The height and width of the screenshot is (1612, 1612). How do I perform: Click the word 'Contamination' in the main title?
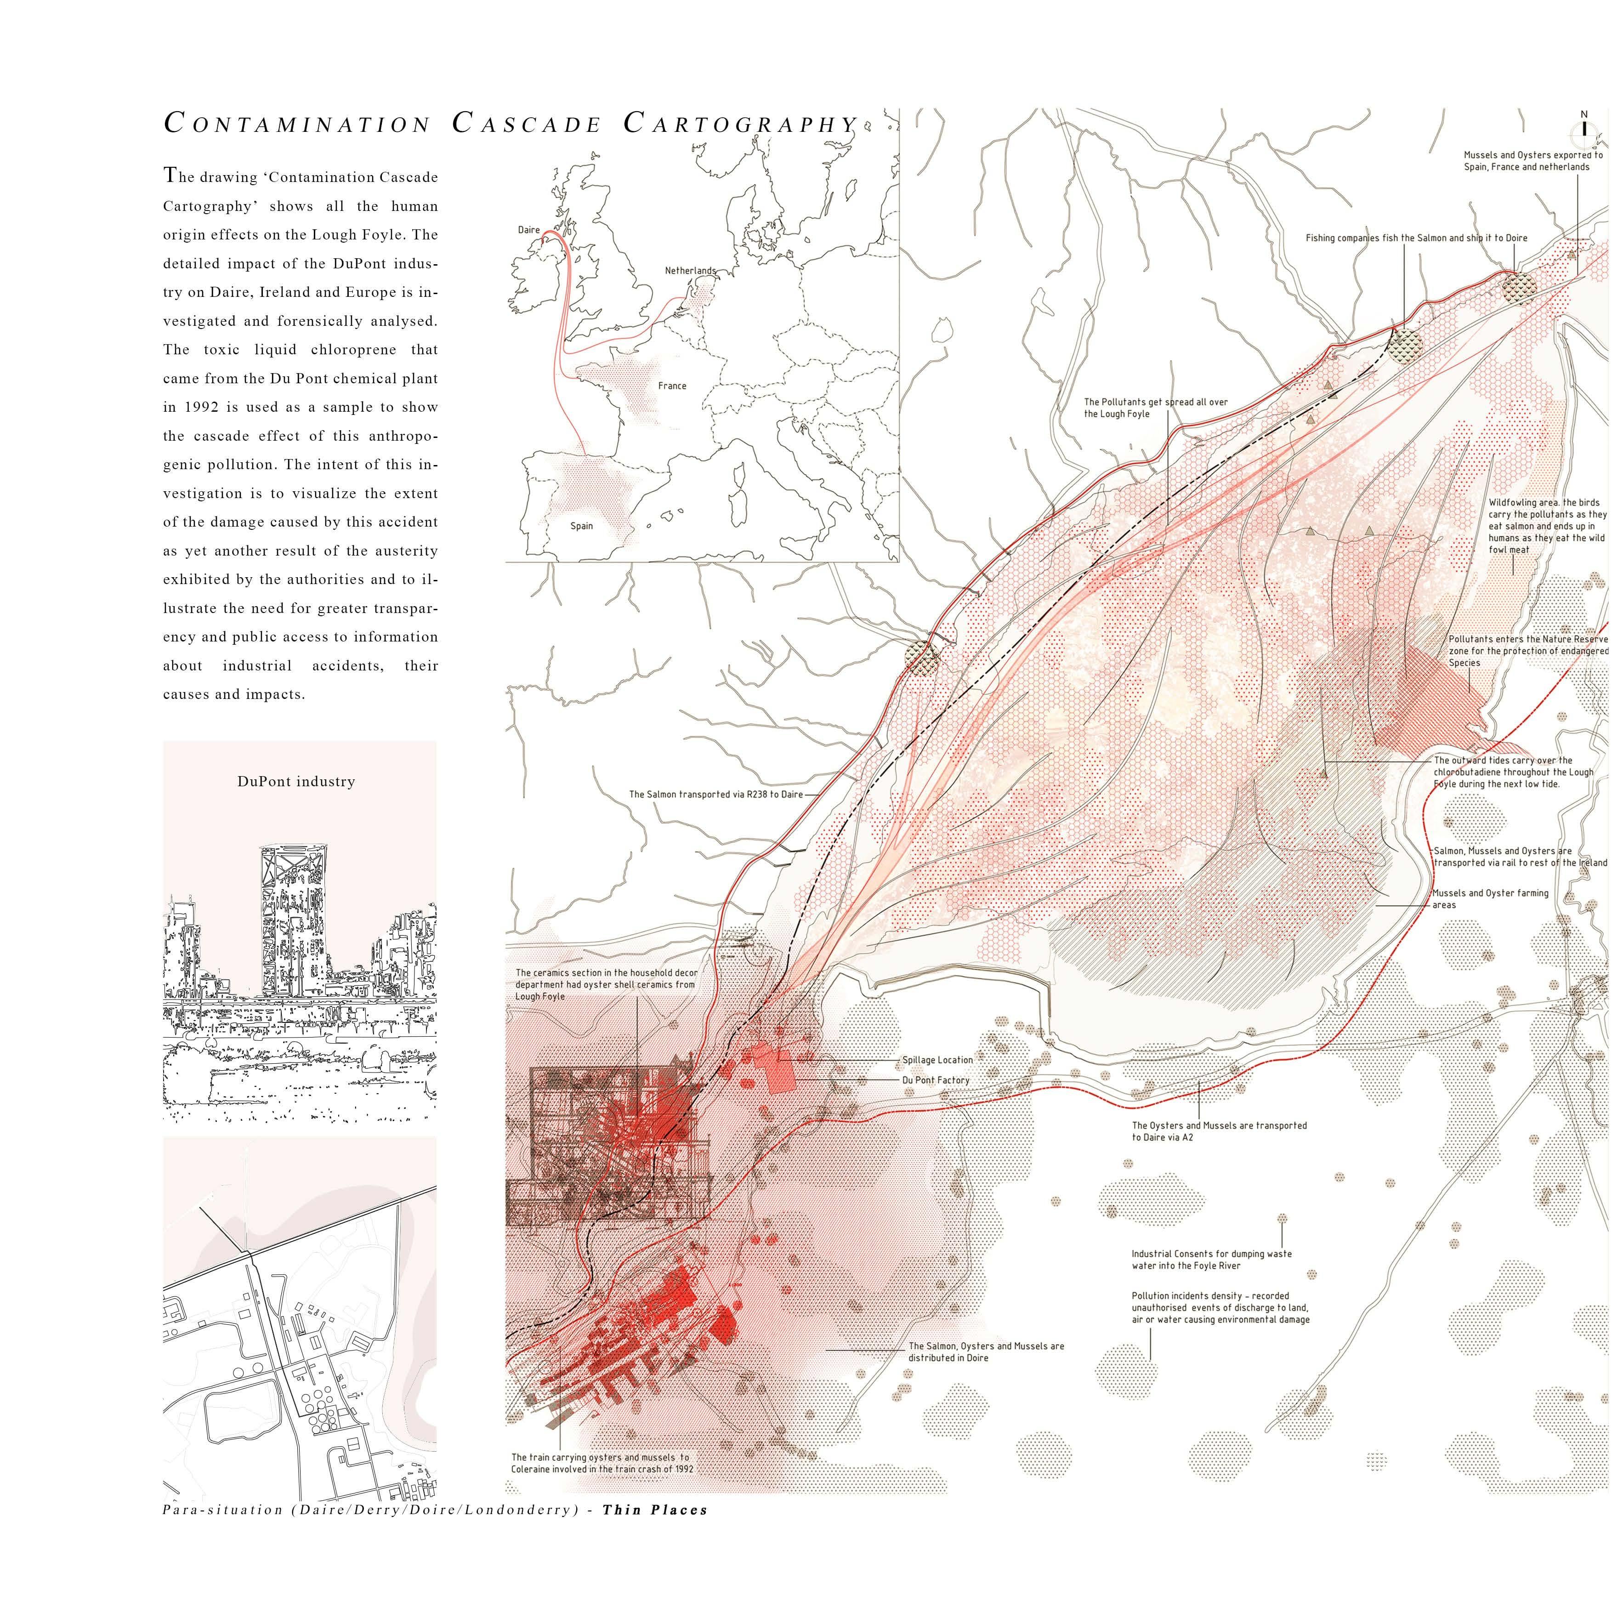click(297, 125)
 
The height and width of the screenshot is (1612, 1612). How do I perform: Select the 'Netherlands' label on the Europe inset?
click(690, 270)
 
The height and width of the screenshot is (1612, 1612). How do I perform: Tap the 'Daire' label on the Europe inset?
click(529, 229)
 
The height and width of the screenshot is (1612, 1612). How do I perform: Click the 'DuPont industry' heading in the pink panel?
click(296, 782)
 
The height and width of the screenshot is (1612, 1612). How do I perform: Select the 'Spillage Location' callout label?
click(937, 1060)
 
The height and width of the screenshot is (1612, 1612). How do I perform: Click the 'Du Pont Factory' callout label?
click(935, 1080)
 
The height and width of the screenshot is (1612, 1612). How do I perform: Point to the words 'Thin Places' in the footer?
click(655, 1510)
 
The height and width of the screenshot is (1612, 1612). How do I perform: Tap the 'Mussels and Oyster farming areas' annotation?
click(1489, 899)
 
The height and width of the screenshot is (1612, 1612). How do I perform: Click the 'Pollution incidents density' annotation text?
click(1220, 1307)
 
